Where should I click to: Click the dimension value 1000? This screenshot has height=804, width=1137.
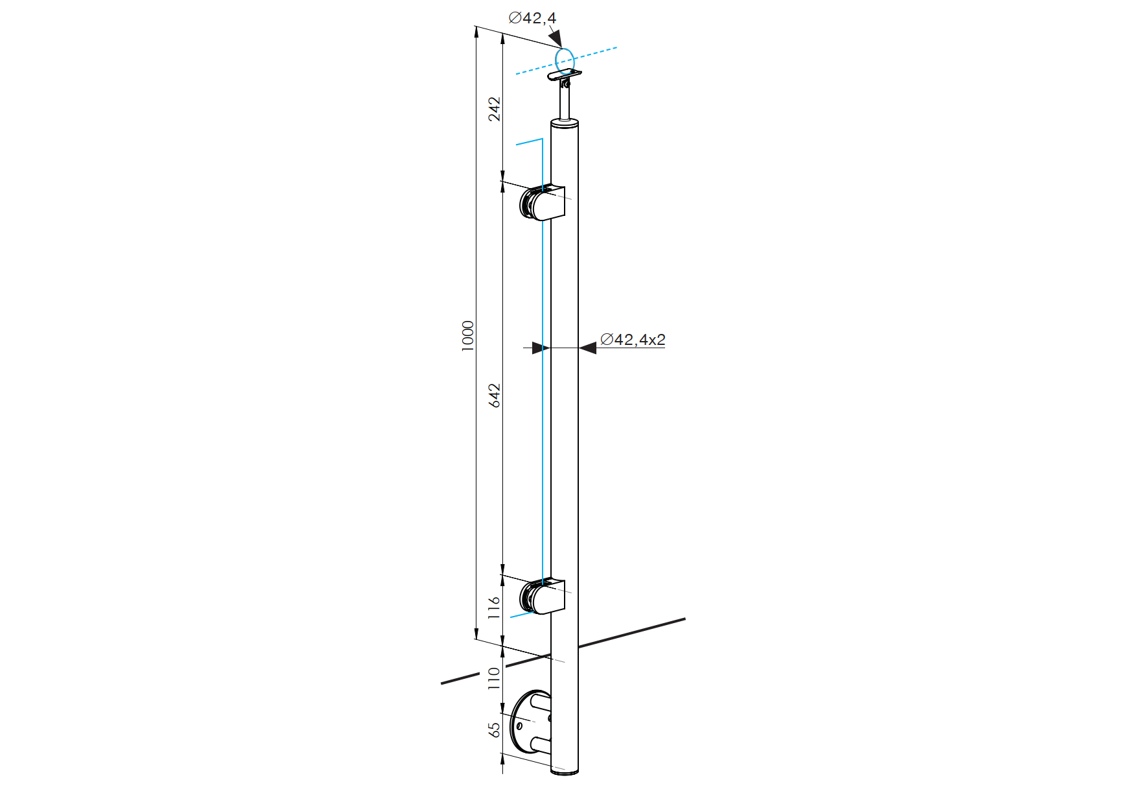[468, 335]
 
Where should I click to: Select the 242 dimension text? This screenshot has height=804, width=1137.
[495, 109]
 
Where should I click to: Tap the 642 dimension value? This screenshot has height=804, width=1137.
[495, 396]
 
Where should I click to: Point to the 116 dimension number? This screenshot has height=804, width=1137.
[495, 608]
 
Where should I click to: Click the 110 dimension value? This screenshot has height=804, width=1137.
[494, 678]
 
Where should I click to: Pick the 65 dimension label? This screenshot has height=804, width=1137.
[495, 729]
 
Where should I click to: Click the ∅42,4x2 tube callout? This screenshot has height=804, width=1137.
[633, 339]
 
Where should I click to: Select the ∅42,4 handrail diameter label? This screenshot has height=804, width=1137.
[532, 18]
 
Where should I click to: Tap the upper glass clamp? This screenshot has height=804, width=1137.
[543, 202]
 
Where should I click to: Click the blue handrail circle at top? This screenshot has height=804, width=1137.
[565, 62]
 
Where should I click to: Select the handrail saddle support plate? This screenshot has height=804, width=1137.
[565, 75]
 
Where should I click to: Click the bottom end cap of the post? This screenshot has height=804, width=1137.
[565, 772]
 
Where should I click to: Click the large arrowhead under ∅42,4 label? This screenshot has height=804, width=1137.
[555, 38]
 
